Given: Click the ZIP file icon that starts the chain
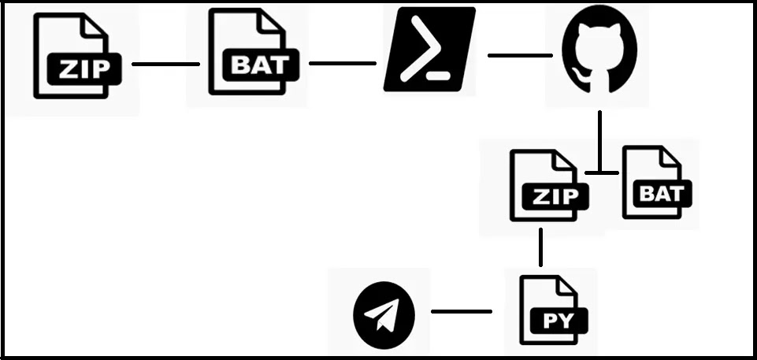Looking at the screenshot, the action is [76, 56].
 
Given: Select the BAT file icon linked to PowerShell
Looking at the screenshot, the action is [254, 52].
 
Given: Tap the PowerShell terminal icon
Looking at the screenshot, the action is [429, 49].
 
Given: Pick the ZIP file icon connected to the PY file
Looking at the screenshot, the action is [549, 185].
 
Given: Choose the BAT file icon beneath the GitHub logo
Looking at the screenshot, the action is [658, 183].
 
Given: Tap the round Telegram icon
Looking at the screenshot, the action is [384, 315].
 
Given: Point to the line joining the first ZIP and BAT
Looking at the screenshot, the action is [165, 64].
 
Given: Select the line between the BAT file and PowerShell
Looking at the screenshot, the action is [343, 63].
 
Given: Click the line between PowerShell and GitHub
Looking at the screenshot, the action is [520, 55].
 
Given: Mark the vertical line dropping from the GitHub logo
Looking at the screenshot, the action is [599, 141].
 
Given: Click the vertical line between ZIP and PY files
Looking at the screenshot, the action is [540, 247].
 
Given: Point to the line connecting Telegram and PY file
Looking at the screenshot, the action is [462, 312].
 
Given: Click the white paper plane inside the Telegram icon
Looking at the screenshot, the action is [382, 314].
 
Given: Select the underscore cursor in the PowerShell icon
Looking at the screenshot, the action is [440, 76].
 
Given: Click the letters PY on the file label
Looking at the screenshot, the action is [558, 321].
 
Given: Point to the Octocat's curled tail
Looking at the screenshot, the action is [581, 77].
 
